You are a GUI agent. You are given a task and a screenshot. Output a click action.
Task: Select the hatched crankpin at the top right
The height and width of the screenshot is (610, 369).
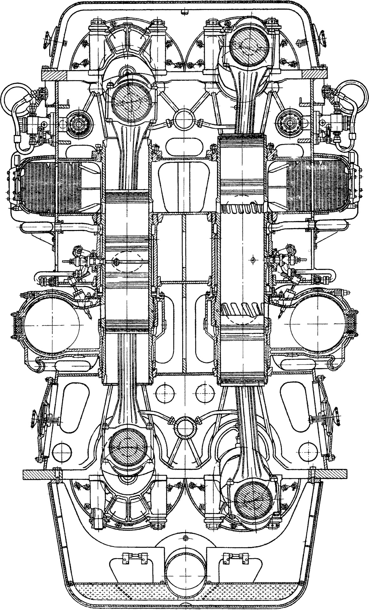coord(247,44)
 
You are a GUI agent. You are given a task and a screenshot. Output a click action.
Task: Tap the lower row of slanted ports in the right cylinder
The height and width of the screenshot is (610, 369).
coord(242,309)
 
